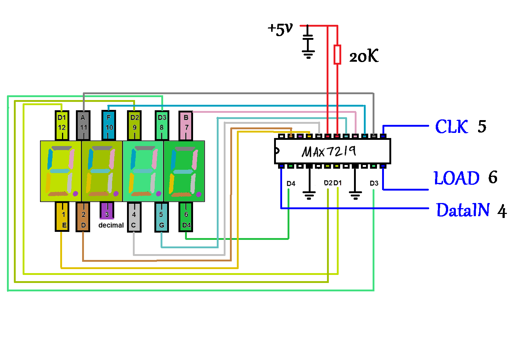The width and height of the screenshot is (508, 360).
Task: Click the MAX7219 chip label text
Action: (329, 151)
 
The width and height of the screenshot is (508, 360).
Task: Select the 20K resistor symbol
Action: (338, 54)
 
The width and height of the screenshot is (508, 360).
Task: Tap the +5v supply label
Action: (280, 29)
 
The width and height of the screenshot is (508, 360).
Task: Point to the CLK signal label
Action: (451, 127)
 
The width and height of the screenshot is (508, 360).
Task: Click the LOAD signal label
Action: (457, 178)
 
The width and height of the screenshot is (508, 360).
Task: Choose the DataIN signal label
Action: (463, 210)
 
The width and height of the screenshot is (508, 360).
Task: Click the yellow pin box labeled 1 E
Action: (63, 217)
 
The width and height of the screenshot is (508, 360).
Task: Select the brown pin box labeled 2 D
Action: (83, 217)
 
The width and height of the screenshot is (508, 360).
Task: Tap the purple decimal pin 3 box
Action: (107, 211)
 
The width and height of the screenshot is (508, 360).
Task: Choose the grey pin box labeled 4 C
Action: (134, 217)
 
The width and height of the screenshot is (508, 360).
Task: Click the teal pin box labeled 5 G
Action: (161, 217)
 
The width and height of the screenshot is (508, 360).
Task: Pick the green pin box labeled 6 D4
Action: (186, 217)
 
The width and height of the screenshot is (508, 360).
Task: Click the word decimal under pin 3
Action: (111, 225)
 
